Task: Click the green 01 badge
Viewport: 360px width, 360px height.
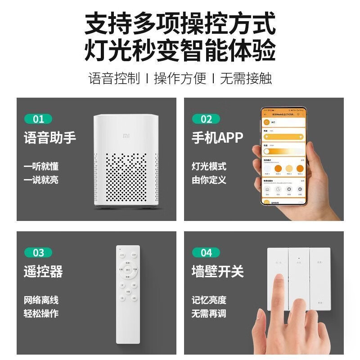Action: pyautogui.click(x=38, y=119)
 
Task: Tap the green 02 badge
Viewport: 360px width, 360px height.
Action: pyautogui.click(x=206, y=119)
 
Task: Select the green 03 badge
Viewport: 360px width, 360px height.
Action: pyautogui.click(x=38, y=252)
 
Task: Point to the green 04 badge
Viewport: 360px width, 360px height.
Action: pyautogui.click(x=206, y=252)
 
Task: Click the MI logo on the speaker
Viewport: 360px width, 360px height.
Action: pyautogui.click(x=126, y=135)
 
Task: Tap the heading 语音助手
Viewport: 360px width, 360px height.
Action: pyautogui.click(x=50, y=137)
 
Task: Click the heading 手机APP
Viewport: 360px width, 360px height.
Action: pyautogui.click(x=217, y=137)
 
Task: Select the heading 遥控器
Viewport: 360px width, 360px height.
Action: pyautogui.click(x=43, y=271)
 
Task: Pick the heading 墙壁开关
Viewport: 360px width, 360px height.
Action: pyautogui.click(x=217, y=271)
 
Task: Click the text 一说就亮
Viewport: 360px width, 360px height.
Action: pyautogui.click(x=41, y=180)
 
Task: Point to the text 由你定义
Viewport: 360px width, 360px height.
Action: pyautogui.click(x=209, y=180)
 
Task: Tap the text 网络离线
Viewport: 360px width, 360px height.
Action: pyautogui.click(x=41, y=300)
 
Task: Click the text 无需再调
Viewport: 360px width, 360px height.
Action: pyautogui.click(x=209, y=314)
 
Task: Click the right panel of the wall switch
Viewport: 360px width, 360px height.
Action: pyautogui.click(x=319, y=279)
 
